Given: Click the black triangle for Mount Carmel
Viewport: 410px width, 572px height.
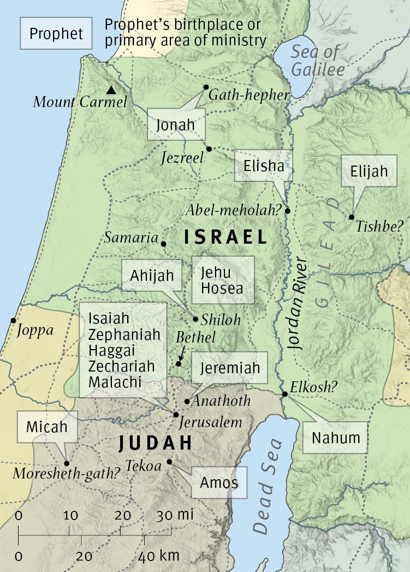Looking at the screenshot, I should click(x=111, y=90).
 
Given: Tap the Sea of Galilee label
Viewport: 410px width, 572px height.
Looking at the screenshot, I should click(x=317, y=61).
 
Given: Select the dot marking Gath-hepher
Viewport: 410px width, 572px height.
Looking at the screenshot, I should click(x=206, y=87).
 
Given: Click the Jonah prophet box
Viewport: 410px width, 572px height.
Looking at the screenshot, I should click(x=176, y=125).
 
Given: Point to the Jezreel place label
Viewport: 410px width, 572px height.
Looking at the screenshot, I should click(x=182, y=158).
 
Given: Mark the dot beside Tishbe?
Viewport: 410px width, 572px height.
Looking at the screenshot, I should click(x=352, y=217).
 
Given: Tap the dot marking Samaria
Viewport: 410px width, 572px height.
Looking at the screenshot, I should click(x=163, y=244).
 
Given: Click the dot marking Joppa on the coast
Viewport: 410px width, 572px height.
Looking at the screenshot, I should click(x=13, y=320).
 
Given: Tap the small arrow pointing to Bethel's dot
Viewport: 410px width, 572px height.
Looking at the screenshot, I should click(x=181, y=354).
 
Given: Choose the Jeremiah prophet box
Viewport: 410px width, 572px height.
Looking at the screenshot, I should click(x=229, y=368).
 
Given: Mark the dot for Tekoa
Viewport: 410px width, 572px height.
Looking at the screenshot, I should click(x=169, y=462).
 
